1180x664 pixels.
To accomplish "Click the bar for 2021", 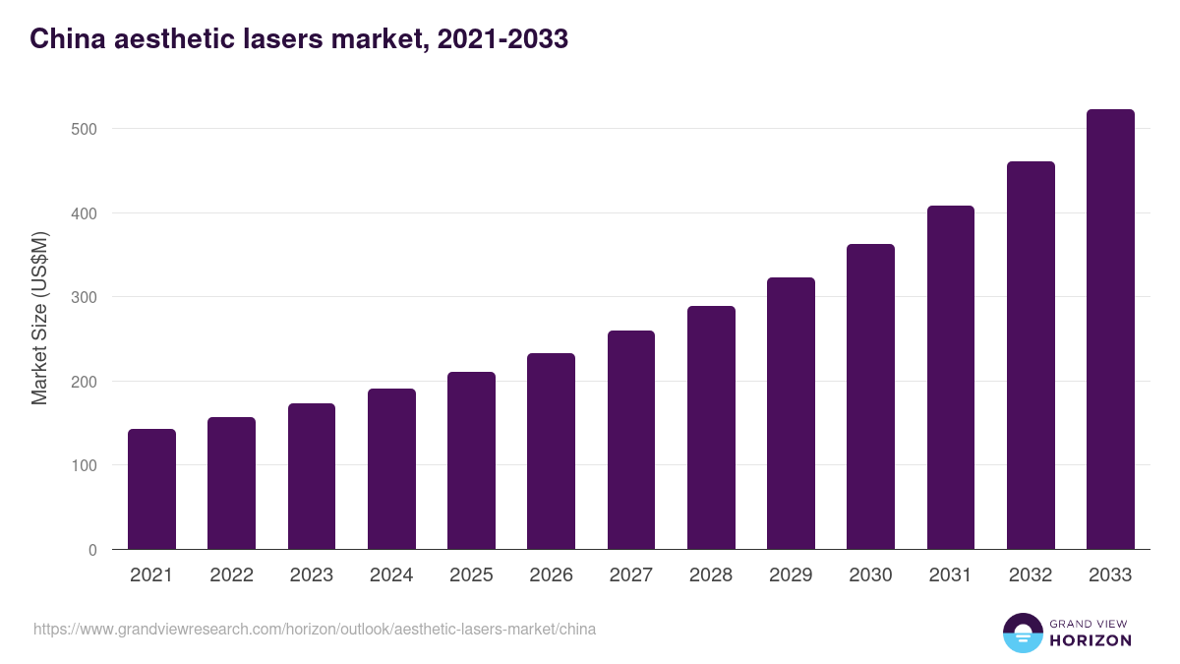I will point(151,489).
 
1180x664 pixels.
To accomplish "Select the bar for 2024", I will point(391,469).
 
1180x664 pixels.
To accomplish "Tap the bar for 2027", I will point(631,440).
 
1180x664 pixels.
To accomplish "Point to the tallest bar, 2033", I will point(1110,330).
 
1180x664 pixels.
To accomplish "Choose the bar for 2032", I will point(1031,355).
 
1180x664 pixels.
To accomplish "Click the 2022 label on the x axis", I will point(231,575).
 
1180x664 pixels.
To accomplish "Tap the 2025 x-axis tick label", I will point(471,575).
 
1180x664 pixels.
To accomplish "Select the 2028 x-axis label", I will point(711,575).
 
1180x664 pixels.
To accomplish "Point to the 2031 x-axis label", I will point(951,575).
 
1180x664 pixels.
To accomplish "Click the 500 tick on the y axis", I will point(85,129).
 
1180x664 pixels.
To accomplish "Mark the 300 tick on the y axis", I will point(85,297).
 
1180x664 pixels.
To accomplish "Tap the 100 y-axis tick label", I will point(85,465).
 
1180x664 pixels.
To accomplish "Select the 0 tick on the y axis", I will point(92,550).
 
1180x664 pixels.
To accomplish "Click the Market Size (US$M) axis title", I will point(39,318).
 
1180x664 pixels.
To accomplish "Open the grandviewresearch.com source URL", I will point(315,629).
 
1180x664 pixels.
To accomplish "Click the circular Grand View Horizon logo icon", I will point(1022,633).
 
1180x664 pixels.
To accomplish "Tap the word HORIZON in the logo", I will point(1091,640).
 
